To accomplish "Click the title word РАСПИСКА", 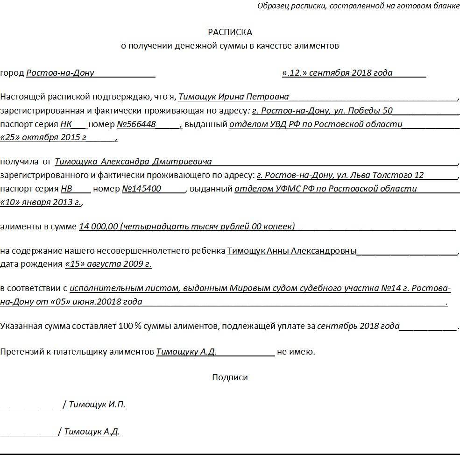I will coord(230,32).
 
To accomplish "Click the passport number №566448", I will coord(136,124).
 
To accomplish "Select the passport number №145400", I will coord(142,189).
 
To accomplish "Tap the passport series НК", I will coord(66,124).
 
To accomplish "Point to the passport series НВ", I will coord(66,189).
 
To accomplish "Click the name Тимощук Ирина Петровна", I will coord(234,97).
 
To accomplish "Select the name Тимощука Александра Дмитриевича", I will coord(133,162).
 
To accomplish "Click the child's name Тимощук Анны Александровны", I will coord(292,251).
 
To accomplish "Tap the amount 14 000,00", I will coord(99,227).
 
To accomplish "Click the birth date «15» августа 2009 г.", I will coord(108,264).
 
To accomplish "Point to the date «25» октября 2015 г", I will coord(43,137).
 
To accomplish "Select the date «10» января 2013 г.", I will coord(41,202).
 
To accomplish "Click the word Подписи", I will coord(230,377).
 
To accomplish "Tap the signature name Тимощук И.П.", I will coord(97,405).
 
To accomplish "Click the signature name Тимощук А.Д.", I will coord(92,432).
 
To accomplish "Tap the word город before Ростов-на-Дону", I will coord(12,73).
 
